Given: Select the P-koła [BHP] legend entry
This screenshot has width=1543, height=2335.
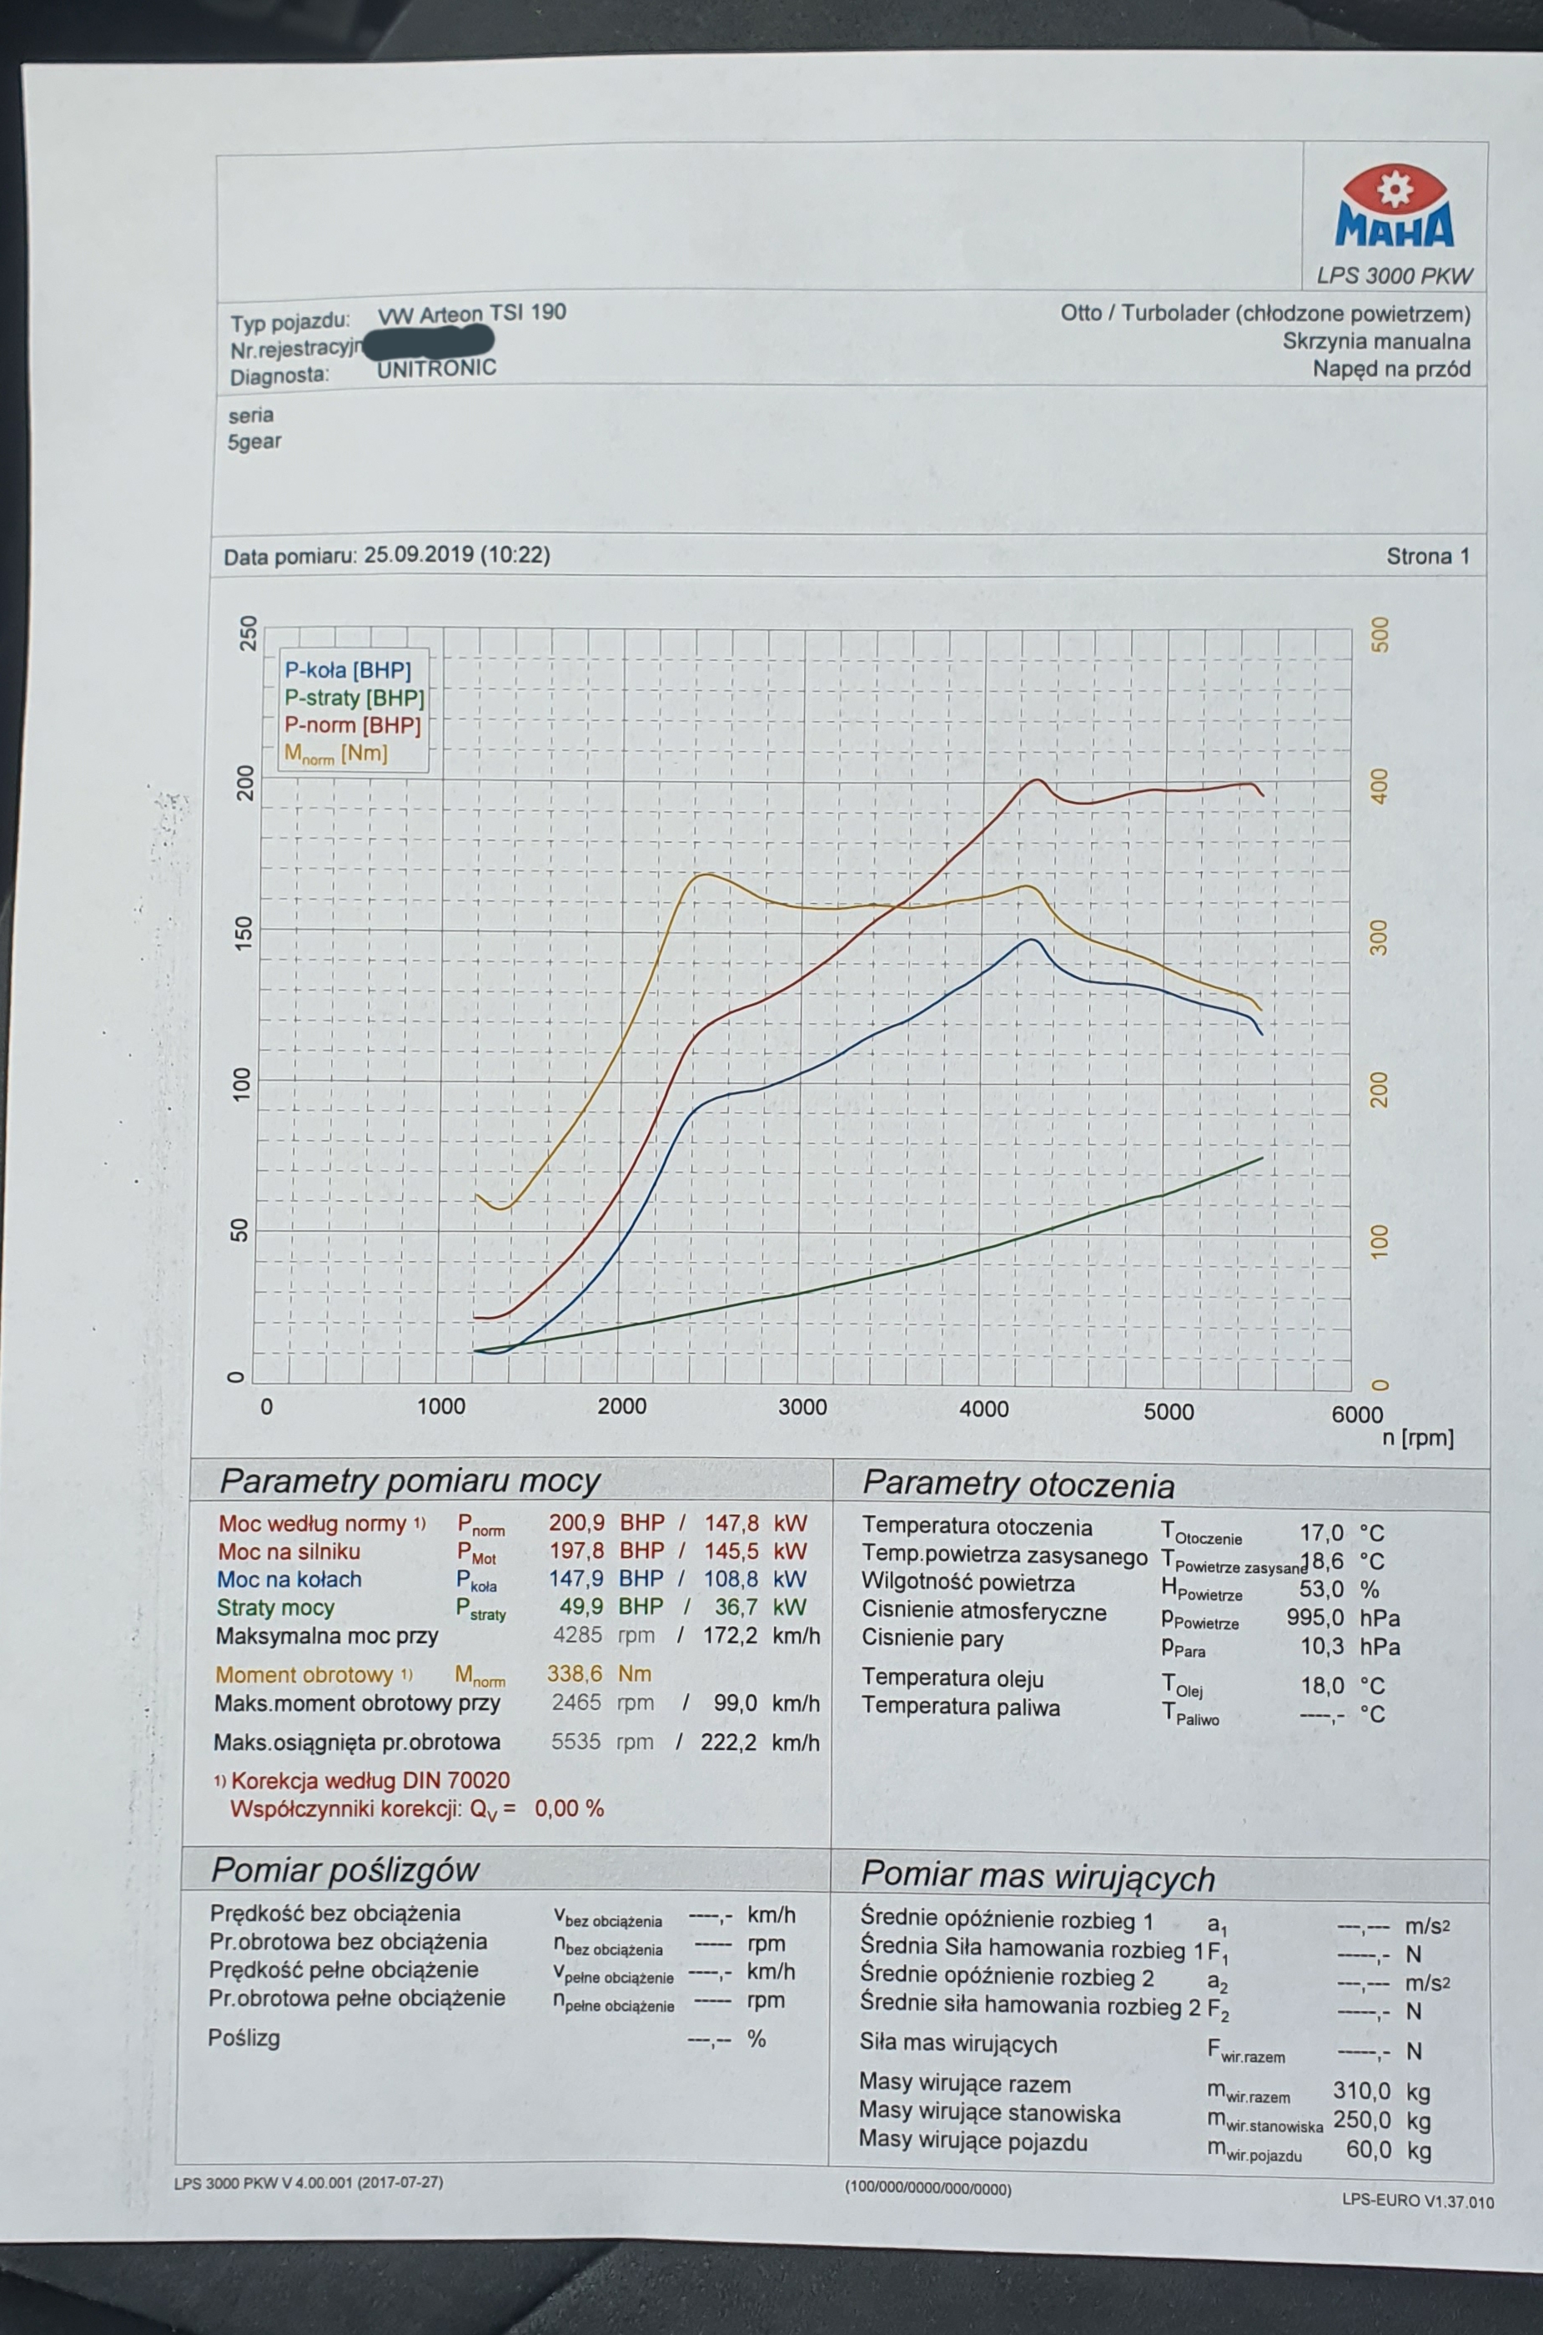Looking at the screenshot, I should tap(347, 670).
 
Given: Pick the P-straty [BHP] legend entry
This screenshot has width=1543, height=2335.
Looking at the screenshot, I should tap(354, 698).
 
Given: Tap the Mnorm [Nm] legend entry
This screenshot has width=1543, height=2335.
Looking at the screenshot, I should tap(335, 754).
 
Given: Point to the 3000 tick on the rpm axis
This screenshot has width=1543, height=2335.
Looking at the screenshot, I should tap(802, 1407).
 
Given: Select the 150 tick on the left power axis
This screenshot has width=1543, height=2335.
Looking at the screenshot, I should tap(244, 931).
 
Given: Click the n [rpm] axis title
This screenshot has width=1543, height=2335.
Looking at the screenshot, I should tap(1417, 1437).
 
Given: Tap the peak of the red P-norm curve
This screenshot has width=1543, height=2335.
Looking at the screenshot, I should tap(1036, 779).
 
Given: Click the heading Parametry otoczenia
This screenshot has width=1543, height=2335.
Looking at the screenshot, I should tap(1018, 1485).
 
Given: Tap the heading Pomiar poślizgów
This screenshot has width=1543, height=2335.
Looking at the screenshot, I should tap(345, 1869).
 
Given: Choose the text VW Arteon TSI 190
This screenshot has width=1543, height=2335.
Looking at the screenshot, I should tap(471, 314).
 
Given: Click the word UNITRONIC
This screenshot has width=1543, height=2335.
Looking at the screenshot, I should tap(436, 369).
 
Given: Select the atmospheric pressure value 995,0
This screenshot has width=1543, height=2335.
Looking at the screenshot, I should tap(1314, 1617).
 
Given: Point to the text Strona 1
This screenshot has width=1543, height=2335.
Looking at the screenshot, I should tap(1427, 556).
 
